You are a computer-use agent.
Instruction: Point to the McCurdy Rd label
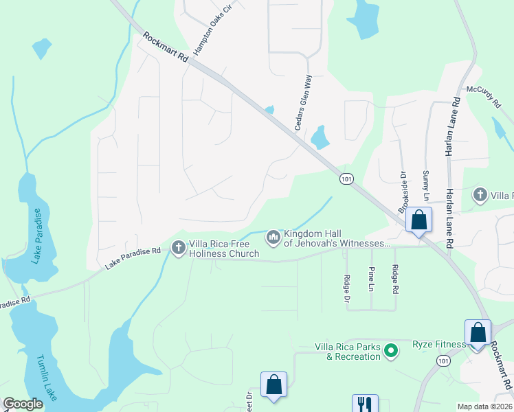tap(484, 99)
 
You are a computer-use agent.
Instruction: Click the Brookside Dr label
tap(404, 192)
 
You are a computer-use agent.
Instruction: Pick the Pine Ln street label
tap(371, 279)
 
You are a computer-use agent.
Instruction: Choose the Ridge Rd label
tap(395, 279)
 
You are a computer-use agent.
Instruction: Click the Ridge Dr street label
tap(346, 289)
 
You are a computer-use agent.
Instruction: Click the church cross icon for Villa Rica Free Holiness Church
tap(179, 247)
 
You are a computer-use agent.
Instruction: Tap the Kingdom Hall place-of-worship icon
tap(273, 238)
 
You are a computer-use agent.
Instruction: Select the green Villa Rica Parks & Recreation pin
tap(391, 352)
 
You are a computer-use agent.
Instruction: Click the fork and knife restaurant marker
tap(362, 404)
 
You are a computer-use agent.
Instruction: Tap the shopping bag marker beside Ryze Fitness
tap(477, 332)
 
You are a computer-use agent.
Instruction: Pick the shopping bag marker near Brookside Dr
tap(418, 220)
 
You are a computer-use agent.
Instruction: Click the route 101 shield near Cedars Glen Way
tap(346, 179)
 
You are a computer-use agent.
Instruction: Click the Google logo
tap(23, 404)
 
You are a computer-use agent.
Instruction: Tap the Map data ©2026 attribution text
tap(484, 407)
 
